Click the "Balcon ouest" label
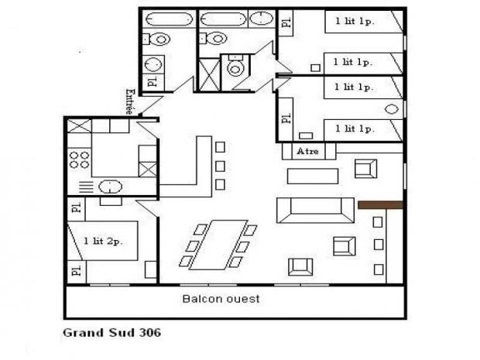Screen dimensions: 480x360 [x=221, y=299]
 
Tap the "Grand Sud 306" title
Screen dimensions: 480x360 [x=111, y=332]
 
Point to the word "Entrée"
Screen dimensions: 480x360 [x=130, y=101]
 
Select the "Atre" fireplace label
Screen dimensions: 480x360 [x=307, y=151]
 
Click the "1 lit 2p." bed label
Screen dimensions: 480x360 [x=103, y=242]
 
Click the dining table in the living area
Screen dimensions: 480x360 [x=218, y=245]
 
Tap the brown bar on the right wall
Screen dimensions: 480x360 [x=380, y=205]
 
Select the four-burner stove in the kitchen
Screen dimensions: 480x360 [x=79, y=160]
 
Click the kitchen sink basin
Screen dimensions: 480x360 [x=110, y=187]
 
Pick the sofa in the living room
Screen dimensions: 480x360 [x=315, y=210]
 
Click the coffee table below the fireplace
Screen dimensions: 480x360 [x=313, y=176]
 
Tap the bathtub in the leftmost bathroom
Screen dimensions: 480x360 [x=169, y=19]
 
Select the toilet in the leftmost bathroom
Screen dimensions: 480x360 [x=157, y=39]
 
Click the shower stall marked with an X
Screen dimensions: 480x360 [x=209, y=75]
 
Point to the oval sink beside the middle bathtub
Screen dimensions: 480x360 [x=261, y=18]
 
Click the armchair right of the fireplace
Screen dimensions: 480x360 [x=365, y=169]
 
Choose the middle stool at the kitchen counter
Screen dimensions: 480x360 [x=220, y=166]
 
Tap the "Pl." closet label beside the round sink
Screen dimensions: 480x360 [x=153, y=81]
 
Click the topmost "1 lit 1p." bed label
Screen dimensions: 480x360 [x=355, y=21]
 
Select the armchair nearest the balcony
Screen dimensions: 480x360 [x=300, y=267]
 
